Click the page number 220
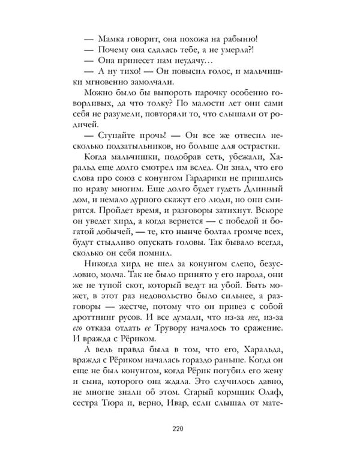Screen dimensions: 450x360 (180, 428)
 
